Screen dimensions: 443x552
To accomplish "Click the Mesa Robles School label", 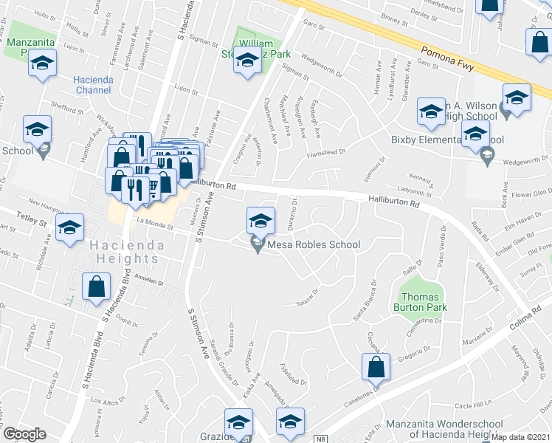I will click(x=314, y=244).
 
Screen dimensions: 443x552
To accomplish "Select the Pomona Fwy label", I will click(x=453, y=60).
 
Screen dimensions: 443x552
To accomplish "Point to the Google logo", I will click(x=24, y=434).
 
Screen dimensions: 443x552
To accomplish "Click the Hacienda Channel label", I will click(x=92, y=85).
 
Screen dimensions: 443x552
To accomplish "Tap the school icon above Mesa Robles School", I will click(x=260, y=221).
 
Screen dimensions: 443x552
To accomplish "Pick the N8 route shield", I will click(x=320, y=439).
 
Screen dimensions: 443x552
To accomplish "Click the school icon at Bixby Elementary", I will click(x=475, y=134).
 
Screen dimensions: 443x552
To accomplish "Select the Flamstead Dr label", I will click(x=327, y=154).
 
